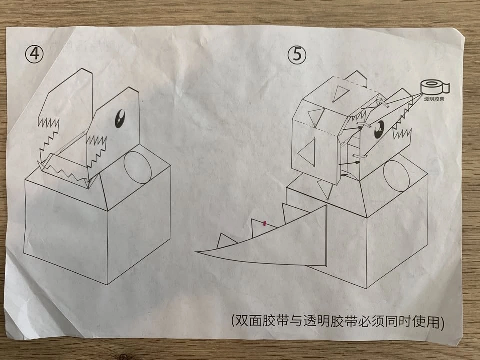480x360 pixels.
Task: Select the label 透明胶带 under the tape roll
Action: (x=434, y=99)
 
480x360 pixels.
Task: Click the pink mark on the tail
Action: (x=264, y=224)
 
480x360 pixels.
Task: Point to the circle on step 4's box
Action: (x=138, y=167)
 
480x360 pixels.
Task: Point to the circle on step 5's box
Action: (x=396, y=176)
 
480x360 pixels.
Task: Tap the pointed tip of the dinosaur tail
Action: (x=196, y=252)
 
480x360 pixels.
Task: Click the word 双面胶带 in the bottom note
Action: (x=262, y=321)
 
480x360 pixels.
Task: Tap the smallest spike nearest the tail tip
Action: (x=226, y=241)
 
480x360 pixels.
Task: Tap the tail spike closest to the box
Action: (x=292, y=213)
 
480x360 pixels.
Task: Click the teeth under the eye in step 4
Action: (x=96, y=150)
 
